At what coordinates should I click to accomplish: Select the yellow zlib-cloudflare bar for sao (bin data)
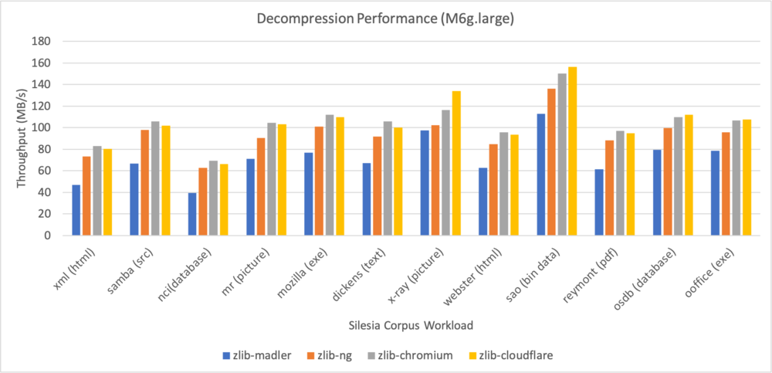pos(572,151)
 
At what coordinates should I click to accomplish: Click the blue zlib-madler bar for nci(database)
pos(192,214)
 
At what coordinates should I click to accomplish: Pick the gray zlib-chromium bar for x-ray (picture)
pos(445,173)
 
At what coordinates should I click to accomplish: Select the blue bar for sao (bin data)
pos(540,175)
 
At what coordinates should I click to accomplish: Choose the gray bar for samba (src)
pos(155,178)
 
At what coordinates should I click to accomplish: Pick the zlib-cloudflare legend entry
pos(513,356)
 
